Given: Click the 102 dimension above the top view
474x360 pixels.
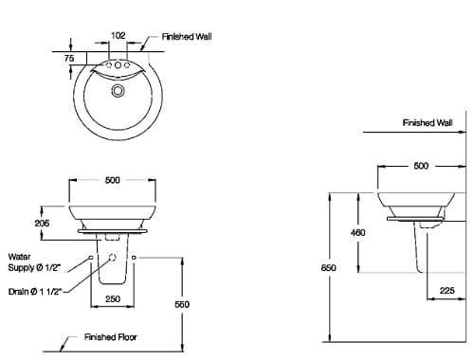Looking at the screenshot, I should (x=118, y=35).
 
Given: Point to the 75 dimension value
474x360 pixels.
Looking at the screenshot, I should (x=69, y=58).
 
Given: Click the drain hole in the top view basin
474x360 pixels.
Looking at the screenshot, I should (x=118, y=91).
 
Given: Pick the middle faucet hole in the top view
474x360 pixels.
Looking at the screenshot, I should (x=118, y=68).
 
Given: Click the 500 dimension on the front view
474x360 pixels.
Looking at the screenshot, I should (x=112, y=181).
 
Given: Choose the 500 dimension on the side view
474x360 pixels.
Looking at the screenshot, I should (x=420, y=166).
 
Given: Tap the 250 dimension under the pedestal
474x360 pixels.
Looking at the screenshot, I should (x=112, y=299).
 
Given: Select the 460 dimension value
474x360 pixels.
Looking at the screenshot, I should (x=358, y=232).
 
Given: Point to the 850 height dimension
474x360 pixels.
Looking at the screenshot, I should (x=329, y=269).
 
